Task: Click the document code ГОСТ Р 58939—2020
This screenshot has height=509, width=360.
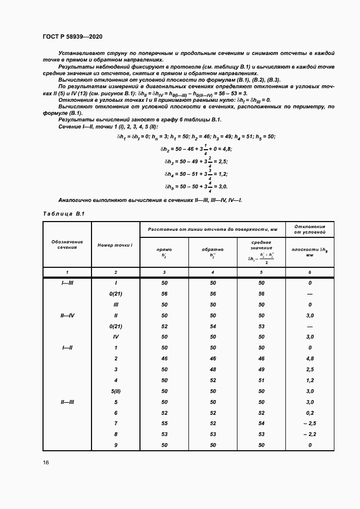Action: click(72, 36)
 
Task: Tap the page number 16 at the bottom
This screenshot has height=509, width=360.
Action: click(46, 462)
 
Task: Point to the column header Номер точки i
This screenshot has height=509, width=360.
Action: click(115, 245)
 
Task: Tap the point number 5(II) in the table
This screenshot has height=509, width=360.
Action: click(116, 391)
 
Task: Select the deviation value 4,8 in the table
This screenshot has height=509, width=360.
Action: click(309, 358)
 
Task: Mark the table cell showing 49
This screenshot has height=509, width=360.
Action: click(261, 369)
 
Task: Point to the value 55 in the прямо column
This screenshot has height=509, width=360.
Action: click(164, 423)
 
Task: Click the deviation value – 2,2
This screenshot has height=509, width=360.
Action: click(309, 434)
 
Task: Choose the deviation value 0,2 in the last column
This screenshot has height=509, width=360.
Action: click(309, 412)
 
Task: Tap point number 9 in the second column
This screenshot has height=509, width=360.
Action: click(116, 445)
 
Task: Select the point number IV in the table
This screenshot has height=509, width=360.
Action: click(116, 337)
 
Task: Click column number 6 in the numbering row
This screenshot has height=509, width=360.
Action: click(309, 271)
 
